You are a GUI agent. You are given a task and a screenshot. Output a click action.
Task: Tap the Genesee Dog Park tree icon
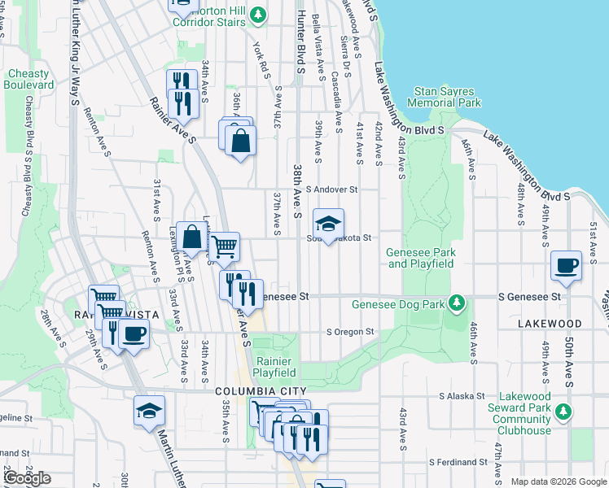458,304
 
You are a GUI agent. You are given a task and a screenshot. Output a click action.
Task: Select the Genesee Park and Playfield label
420,258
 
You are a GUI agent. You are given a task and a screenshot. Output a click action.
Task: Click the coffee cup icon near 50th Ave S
565,264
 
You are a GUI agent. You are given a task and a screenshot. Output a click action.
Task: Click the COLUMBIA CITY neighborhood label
253,391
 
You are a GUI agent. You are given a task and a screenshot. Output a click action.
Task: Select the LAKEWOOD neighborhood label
550,323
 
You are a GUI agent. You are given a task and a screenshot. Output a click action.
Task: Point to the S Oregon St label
350,332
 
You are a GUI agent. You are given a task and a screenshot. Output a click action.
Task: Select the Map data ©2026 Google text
558,481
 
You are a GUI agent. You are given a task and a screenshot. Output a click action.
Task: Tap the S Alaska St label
462,396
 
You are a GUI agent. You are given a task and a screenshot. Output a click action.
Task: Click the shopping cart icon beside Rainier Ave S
225,246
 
